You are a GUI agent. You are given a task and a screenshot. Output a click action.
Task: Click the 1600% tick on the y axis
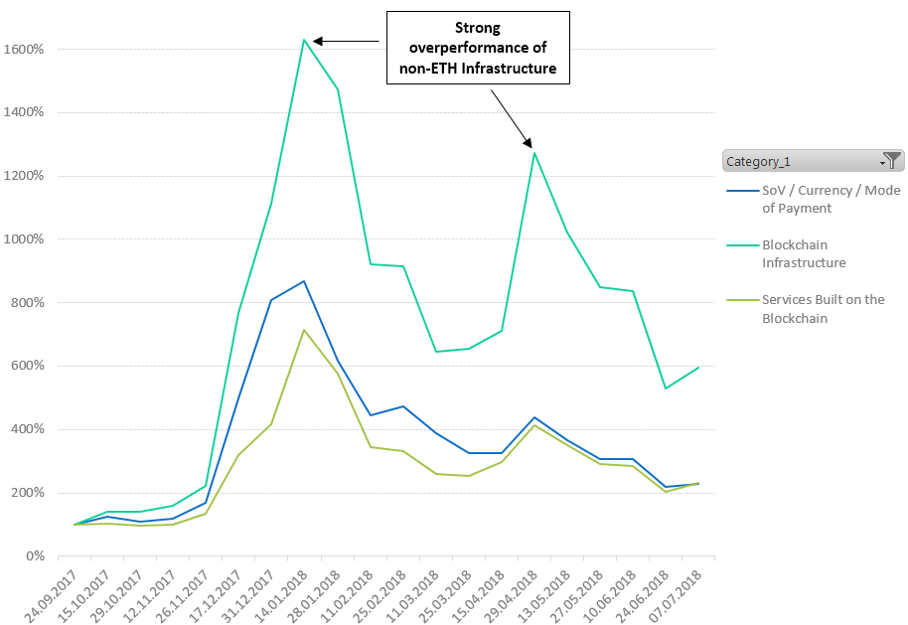[x=23, y=49]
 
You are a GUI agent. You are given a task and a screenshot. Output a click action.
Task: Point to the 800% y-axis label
[x=26, y=302]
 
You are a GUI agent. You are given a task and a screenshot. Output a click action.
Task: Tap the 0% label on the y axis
[x=34, y=556]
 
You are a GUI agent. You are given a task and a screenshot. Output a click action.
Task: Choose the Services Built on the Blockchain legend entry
[x=823, y=309]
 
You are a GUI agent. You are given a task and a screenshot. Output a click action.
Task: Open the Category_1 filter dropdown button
[x=882, y=161]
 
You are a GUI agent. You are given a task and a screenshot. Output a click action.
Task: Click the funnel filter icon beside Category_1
[x=894, y=160]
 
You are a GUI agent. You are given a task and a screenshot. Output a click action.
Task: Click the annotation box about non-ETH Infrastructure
[x=479, y=47]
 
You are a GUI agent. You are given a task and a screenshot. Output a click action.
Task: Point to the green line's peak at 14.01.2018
[x=304, y=40]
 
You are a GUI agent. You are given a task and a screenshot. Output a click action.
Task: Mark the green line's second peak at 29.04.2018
[x=534, y=152]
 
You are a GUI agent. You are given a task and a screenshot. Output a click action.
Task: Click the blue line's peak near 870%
[x=304, y=281]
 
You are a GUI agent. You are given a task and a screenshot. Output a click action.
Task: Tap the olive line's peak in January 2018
[x=304, y=330]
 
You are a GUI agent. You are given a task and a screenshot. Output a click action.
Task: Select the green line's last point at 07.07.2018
[x=699, y=368]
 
